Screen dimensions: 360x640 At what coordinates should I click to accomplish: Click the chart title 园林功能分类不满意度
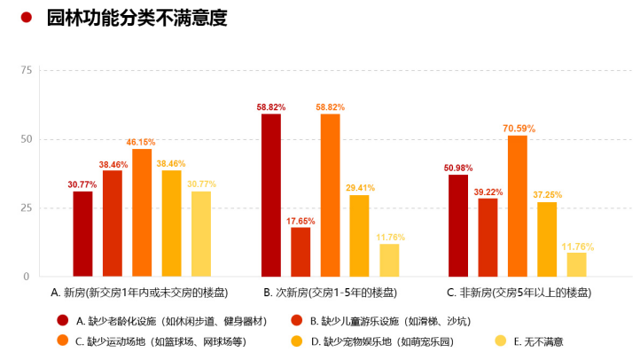click(137, 18)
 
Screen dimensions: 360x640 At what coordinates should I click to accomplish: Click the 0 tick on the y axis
click(27, 277)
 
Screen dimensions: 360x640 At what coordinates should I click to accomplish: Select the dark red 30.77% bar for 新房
click(82, 234)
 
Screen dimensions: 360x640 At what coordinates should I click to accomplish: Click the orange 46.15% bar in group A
click(142, 213)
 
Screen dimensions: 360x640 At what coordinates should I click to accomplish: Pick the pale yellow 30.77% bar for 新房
click(201, 234)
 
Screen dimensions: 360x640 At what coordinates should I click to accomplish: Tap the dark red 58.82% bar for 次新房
click(270, 195)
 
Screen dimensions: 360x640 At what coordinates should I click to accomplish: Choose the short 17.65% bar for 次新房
click(300, 252)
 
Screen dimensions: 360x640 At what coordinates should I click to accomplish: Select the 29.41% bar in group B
click(359, 236)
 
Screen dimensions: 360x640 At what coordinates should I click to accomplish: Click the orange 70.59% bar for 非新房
click(518, 206)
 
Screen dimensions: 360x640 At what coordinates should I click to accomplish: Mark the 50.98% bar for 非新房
click(458, 226)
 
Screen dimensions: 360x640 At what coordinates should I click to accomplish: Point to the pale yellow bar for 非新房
click(577, 264)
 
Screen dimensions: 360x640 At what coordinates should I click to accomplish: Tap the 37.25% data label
click(548, 195)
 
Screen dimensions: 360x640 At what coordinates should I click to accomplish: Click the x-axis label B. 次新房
click(330, 292)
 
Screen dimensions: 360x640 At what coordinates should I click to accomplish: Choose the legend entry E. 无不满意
click(538, 340)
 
